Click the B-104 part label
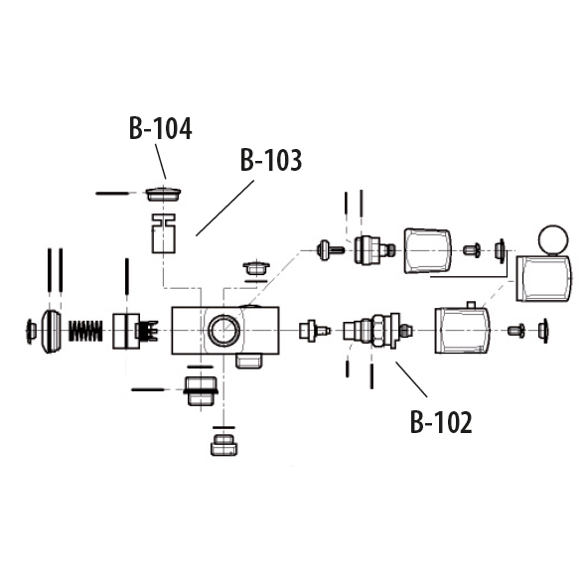pos(161,128)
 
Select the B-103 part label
pos(271,160)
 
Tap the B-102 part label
pos(441,422)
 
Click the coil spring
pos(85,331)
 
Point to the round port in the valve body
pos(223,330)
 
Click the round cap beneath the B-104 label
pos(163,194)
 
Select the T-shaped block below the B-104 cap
pos(164,233)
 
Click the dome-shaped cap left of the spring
pos(51,331)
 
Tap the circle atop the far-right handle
pos(553,240)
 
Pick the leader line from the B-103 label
pos(225,209)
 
